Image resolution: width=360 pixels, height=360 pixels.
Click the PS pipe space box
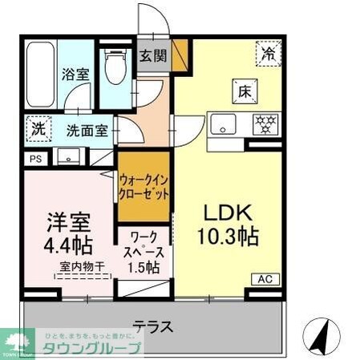34,159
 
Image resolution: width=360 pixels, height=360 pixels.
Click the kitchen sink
222,125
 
